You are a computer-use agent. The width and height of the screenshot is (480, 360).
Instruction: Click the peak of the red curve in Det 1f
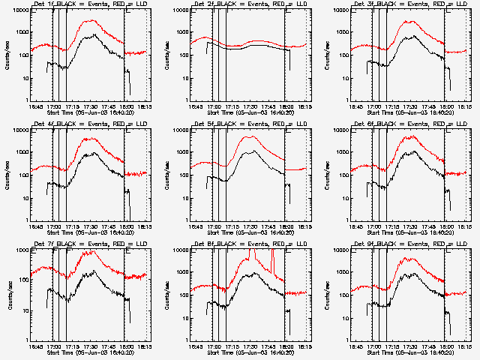(x=91, y=21)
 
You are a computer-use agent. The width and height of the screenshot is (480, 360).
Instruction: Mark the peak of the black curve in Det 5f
(x=253, y=151)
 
